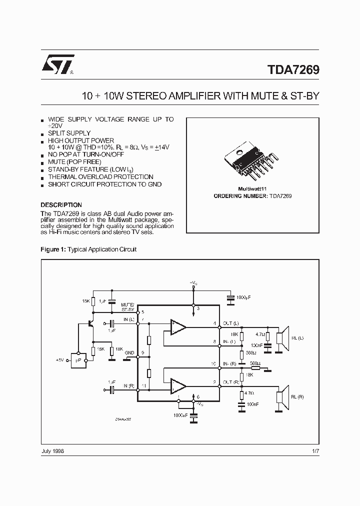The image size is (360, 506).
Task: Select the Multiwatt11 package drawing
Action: (252, 161)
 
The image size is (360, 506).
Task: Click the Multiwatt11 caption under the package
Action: (252, 189)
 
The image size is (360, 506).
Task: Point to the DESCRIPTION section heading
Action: (61, 205)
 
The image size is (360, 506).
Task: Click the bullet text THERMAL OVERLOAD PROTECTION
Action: (100, 177)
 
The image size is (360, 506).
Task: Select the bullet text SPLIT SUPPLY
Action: (69, 133)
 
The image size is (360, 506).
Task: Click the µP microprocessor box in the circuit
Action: (78, 359)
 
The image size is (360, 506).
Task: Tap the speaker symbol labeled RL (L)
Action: (282, 337)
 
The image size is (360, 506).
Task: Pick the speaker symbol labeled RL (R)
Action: (282, 396)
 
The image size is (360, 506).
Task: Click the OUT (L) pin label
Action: (230, 323)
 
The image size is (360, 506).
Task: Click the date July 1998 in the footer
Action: (52, 451)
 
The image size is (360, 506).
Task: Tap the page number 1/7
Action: (315, 451)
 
